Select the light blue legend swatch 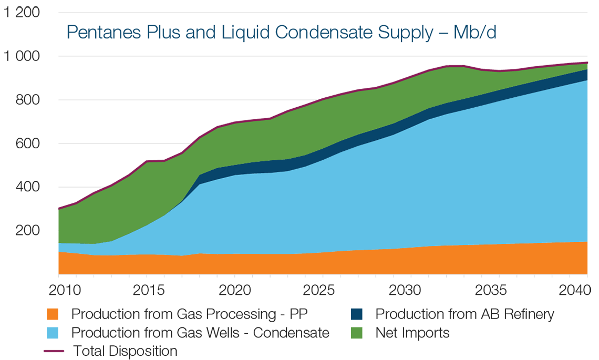click(34, 333)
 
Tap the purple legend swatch click(34, 351)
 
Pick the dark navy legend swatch click(351, 312)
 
